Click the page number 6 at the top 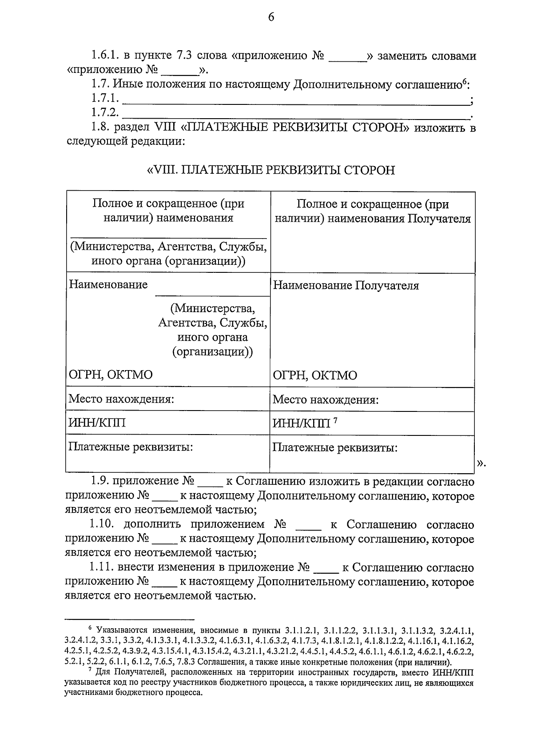click(x=271, y=17)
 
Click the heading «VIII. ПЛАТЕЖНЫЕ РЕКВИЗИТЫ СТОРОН click(x=270, y=170)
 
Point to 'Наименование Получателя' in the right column click(x=346, y=285)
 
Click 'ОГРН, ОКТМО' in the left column click(x=110, y=375)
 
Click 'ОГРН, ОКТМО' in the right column click(x=314, y=375)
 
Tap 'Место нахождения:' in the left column click(x=120, y=399)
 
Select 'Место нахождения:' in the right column click(x=325, y=399)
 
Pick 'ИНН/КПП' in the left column click(x=96, y=423)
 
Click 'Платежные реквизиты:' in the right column click(x=334, y=447)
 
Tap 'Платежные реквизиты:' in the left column click(x=130, y=447)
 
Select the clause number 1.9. click(x=100, y=482)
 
